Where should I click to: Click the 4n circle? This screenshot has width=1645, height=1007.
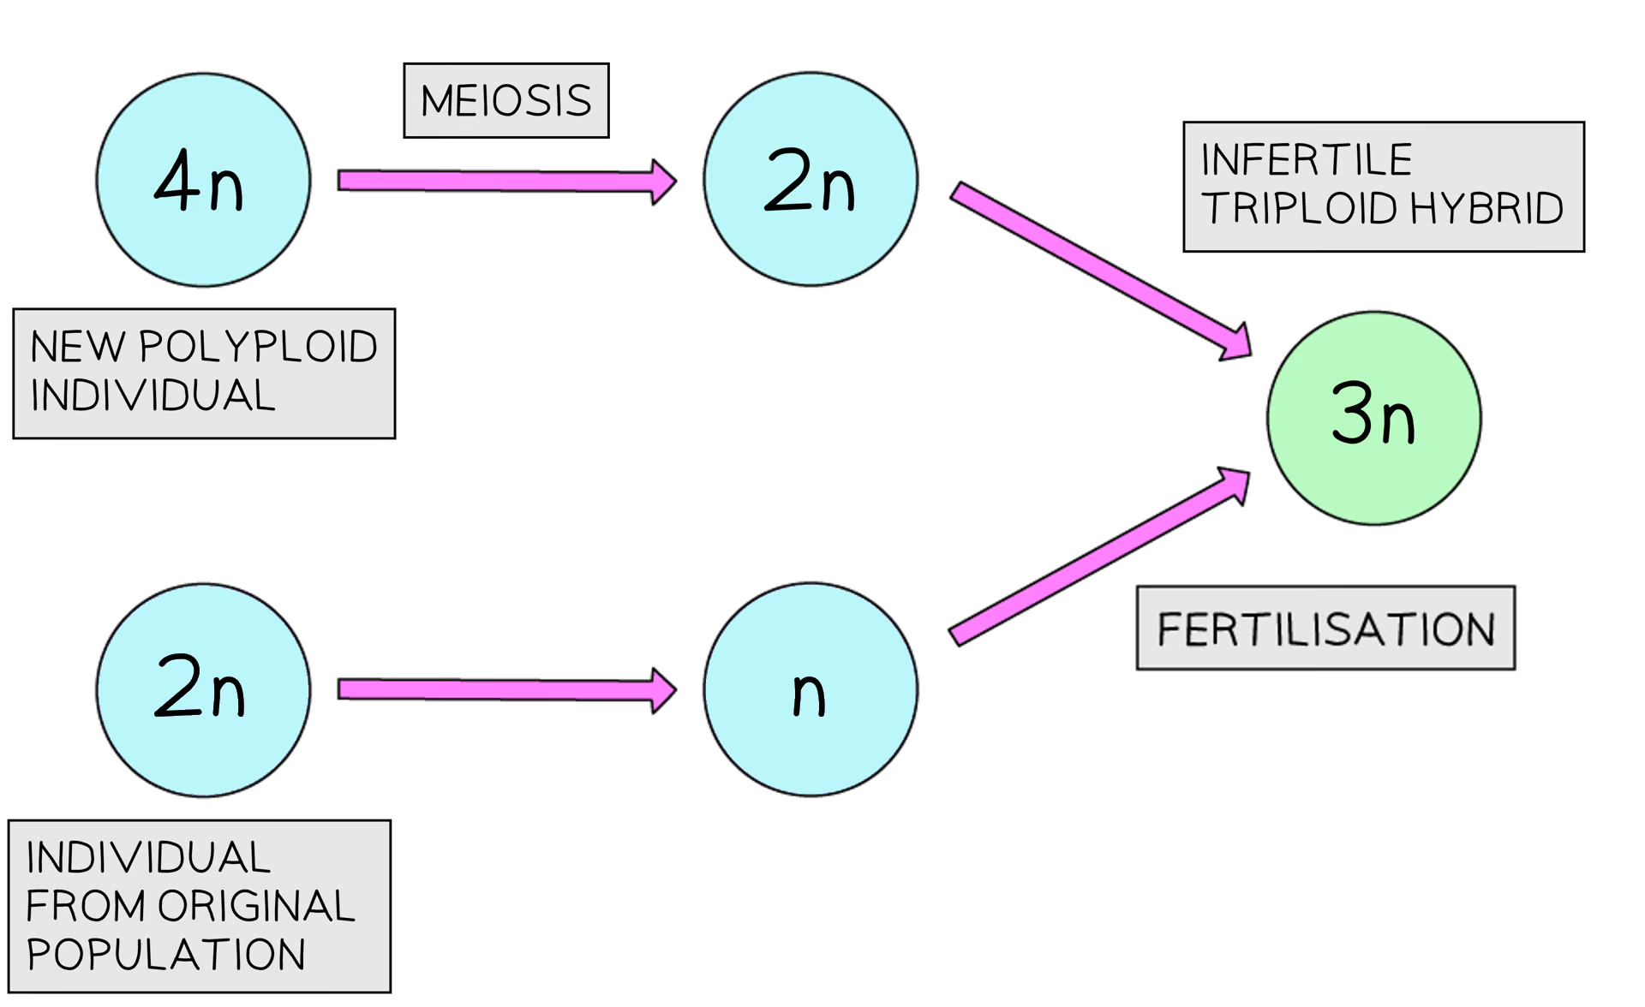pyautogui.click(x=203, y=180)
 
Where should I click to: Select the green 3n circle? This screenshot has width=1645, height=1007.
pyautogui.click(x=1373, y=418)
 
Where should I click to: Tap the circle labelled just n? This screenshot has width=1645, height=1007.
pyautogui.click(x=811, y=690)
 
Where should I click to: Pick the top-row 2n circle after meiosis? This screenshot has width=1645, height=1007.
pyautogui.click(x=811, y=180)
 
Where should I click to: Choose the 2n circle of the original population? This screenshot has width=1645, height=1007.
pyautogui.click(x=203, y=690)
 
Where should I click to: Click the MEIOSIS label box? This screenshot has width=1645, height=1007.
pyautogui.click(x=505, y=101)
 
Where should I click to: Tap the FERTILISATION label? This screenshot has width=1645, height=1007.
pyautogui.click(x=1325, y=629)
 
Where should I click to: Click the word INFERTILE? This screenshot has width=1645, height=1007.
pyautogui.click(x=1306, y=160)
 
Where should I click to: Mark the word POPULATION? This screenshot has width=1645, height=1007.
pyautogui.click(x=165, y=955)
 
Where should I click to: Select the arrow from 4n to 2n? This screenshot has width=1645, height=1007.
pyautogui.click(x=505, y=181)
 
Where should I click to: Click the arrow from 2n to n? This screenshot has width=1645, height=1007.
pyautogui.click(x=505, y=690)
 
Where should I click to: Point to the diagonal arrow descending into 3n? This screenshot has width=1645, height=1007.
pyautogui.click(x=1101, y=269)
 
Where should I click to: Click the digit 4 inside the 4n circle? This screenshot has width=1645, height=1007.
pyautogui.click(x=177, y=180)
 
